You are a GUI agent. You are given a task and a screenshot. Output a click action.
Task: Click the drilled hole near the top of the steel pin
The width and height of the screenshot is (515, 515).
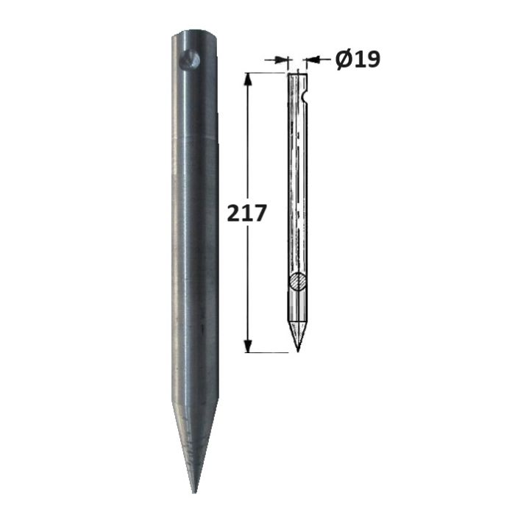click(190, 60)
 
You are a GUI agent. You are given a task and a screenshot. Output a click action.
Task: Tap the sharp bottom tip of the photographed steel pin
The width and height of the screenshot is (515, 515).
click(194, 493)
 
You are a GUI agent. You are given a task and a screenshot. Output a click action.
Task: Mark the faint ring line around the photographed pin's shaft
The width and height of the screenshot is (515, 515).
click(194, 137)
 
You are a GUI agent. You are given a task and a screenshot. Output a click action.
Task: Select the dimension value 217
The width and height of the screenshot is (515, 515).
click(246, 213)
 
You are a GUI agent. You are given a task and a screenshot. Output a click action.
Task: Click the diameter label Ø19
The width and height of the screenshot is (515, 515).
click(358, 60)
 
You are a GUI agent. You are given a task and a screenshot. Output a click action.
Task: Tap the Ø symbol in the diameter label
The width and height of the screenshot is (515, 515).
click(344, 60)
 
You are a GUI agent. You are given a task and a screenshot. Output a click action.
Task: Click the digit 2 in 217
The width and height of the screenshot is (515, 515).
click(233, 213)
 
